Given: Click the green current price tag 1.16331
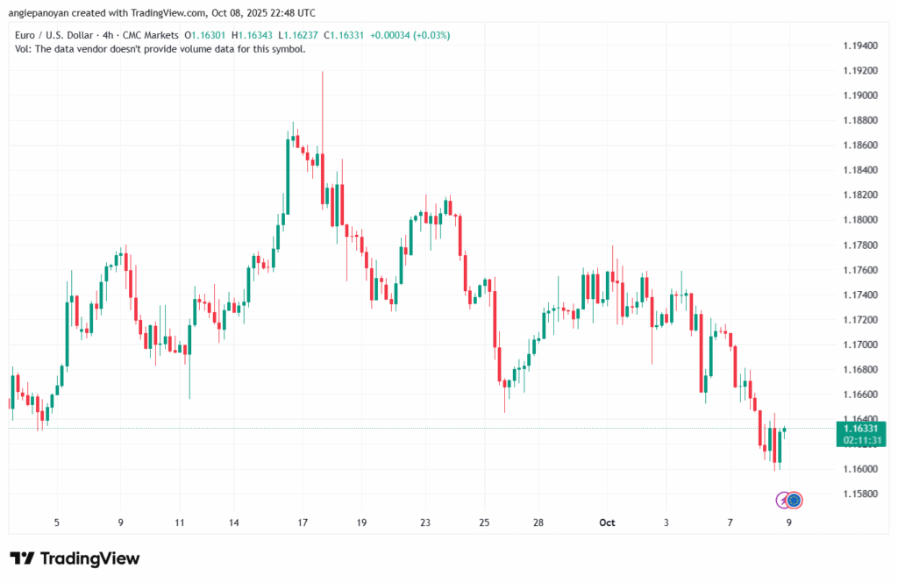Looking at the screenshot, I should coord(861,429).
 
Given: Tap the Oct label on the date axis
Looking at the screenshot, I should coord(607,523).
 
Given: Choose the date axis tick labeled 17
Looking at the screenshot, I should coord(303,523).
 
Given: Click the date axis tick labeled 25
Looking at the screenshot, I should coord(484,523).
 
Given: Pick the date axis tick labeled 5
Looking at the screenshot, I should coord(57,523).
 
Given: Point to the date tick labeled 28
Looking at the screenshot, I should coord(538,523).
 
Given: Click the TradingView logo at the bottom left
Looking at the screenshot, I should coord(75,558).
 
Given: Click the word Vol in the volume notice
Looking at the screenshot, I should coord(24,49).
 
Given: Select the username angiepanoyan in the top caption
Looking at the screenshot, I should coord(42,13).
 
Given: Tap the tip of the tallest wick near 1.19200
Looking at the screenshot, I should coord(323,72).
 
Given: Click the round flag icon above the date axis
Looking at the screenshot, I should coord(795,500).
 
